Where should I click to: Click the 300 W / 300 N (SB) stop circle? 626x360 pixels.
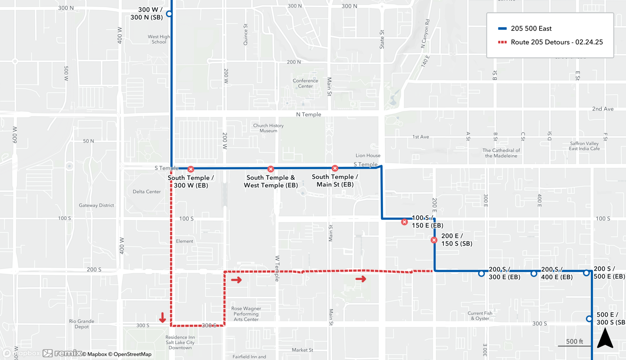(169, 14)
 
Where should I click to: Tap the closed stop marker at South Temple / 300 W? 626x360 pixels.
(191, 169)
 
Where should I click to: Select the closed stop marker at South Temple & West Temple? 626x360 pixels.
(271, 169)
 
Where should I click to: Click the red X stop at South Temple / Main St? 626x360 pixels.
(335, 168)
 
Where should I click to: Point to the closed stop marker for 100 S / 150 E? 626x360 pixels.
(404, 222)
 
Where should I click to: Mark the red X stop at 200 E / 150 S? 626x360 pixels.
(434, 240)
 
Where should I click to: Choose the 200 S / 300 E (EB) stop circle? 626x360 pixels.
(481, 274)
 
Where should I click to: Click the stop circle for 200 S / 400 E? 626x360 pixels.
(534, 274)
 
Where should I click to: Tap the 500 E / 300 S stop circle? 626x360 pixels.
(589, 319)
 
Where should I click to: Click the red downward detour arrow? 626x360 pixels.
(162, 317)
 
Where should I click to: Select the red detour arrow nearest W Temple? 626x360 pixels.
(236, 280)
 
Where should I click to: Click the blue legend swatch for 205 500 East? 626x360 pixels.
(502, 28)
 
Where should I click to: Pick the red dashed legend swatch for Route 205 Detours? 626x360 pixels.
(502, 42)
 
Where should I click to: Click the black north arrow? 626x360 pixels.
(605, 338)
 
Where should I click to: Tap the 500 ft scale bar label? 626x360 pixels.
(574, 342)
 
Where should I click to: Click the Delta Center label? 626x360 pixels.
(146, 192)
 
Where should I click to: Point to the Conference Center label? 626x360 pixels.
(305, 83)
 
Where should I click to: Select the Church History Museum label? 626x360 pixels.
(268, 128)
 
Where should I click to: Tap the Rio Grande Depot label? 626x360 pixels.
(81, 324)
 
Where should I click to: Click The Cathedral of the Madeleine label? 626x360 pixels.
(501, 153)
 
